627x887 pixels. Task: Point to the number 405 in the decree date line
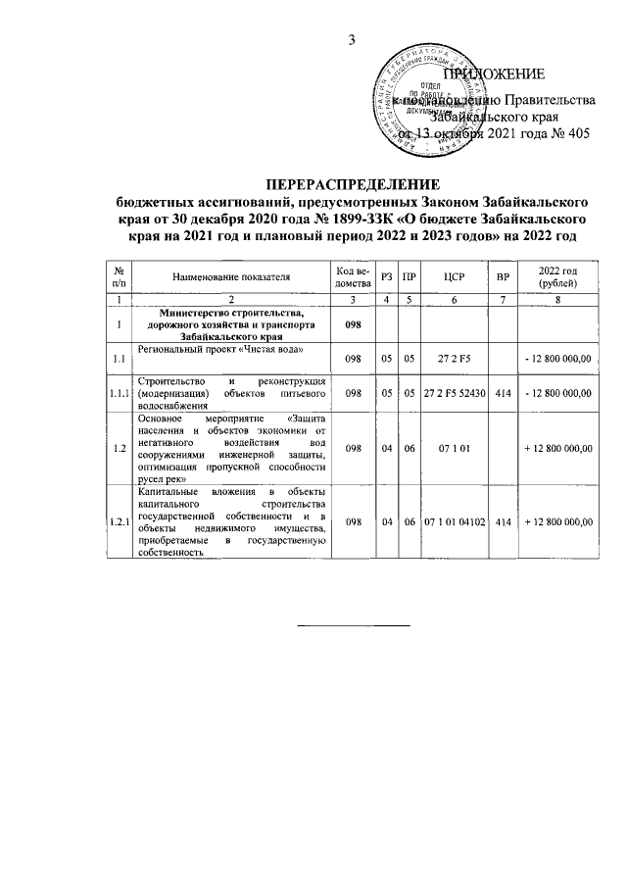coord(578,134)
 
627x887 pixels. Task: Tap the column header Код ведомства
coord(352,277)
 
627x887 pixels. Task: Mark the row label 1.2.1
coord(119,521)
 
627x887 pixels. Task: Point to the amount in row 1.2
coord(559,448)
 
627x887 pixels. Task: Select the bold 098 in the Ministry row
coord(352,323)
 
